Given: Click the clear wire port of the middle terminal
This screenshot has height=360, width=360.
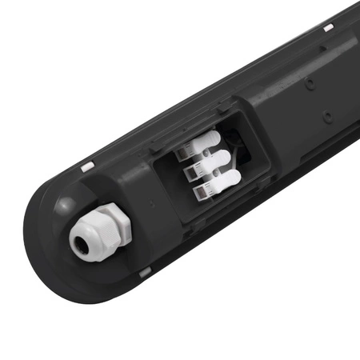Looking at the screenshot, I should coord(192,170).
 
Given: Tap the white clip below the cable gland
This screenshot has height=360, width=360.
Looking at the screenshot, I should coord(145,273).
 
